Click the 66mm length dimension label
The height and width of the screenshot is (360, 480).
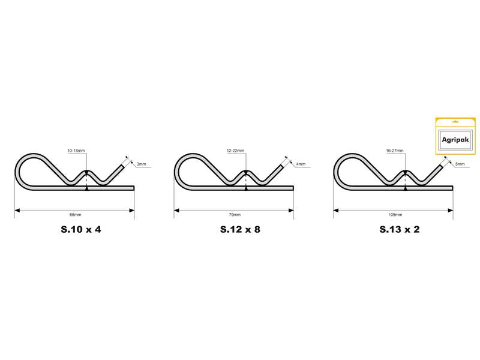(x=76, y=215)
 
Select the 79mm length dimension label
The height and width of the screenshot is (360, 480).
(x=235, y=215)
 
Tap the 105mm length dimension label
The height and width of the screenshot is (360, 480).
(x=395, y=215)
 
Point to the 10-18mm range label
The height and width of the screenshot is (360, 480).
(x=76, y=151)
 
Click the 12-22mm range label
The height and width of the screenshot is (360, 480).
(x=235, y=151)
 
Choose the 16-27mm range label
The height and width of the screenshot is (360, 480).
(x=395, y=151)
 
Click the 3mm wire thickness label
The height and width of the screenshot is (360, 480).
(x=141, y=164)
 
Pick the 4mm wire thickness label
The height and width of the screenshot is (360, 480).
(x=301, y=164)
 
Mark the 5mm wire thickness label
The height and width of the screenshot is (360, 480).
(x=460, y=164)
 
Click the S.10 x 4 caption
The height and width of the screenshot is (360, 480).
(x=81, y=229)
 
